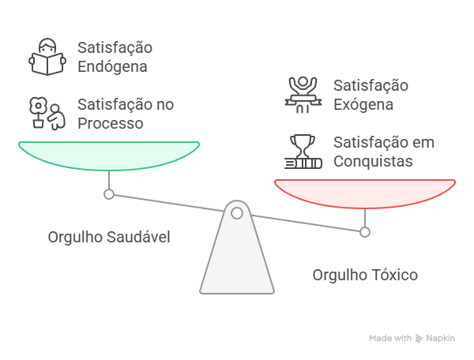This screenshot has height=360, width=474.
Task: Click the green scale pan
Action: [109, 156]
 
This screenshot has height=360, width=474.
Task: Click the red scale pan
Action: [365, 194]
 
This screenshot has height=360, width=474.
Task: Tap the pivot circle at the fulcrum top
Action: [237, 213]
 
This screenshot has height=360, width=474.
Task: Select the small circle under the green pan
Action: [109, 194]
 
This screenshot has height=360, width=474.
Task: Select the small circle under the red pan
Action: [365, 232]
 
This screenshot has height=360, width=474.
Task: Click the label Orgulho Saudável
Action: [109, 237]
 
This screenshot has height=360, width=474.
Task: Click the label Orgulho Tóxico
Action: [365, 276]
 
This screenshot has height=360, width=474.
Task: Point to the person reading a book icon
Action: [47, 57]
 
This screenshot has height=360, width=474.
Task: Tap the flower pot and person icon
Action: [47, 113]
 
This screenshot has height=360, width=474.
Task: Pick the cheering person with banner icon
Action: [303, 95]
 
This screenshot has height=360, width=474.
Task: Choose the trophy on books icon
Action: [303, 152]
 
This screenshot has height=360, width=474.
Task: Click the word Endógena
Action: [112, 67]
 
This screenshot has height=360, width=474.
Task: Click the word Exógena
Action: [363, 104]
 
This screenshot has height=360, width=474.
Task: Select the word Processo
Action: [111, 123]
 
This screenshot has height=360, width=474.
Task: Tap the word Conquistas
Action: [373, 161]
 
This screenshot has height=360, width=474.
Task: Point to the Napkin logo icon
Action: [419, 339]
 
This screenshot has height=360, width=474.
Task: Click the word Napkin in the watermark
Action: [441, 338]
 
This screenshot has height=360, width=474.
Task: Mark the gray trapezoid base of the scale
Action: [237, 247]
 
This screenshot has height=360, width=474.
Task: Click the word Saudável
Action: [138, 237]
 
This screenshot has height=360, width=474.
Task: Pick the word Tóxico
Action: [394, 275]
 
